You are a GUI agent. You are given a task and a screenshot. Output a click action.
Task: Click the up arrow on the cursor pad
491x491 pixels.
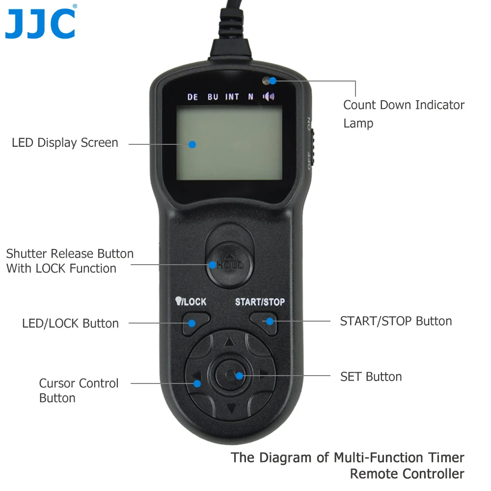coord(229,341)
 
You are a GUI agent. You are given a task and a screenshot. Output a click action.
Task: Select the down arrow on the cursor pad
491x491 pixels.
coord(231,408)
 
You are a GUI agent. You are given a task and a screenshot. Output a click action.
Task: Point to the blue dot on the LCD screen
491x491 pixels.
coord(192,144)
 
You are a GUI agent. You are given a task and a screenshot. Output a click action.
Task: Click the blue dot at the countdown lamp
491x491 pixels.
coord(273,81)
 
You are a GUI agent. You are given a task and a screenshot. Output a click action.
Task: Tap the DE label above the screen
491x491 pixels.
coord(192,97)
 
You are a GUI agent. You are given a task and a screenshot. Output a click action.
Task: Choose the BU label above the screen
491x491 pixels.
coord(213,97)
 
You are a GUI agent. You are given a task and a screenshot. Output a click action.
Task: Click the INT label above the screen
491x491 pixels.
coord(232,97)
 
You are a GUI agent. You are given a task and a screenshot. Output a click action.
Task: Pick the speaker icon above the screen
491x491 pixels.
coord(269,96)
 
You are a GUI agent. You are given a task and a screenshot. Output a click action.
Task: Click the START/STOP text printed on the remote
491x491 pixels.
coord(260,301)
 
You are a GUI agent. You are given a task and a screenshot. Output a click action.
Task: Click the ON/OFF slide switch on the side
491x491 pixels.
coord(312,143)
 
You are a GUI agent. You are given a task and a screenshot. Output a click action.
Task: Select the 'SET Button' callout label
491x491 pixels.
coord(371,377)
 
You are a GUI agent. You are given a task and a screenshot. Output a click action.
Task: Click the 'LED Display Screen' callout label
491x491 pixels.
coord(65,143)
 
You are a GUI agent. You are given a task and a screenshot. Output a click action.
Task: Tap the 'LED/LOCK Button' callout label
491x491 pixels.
coord(70,324)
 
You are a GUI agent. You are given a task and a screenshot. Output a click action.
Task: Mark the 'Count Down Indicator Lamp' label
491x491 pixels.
coord(404,114)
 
